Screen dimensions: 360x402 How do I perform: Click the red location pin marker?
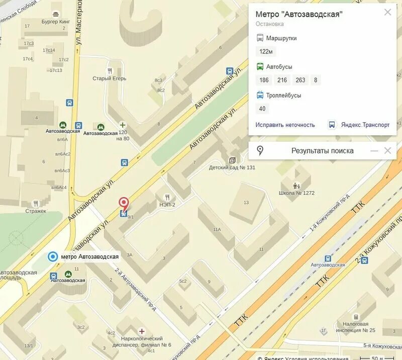tap(124, 203)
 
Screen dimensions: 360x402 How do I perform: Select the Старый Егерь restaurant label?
tap(110, 78)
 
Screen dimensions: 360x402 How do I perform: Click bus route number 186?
tap(264, 80)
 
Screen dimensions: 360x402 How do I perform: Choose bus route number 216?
tap(282, 80)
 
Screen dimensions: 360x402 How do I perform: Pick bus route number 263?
tap(300, 80)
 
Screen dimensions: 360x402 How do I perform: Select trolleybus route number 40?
tap(262, 109)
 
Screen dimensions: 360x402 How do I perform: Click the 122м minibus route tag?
tap(266, 51)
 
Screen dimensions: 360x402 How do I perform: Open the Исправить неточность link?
tap(285, 125)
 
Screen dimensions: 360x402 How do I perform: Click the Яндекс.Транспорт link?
tap(365, 125)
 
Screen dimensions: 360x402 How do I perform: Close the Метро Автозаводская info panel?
tap(387, 12)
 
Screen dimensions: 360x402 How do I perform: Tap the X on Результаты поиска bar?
tap(387, 150)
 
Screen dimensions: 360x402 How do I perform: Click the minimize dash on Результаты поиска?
tap(374, 150)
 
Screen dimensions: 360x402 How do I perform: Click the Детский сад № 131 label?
tap(232, 167)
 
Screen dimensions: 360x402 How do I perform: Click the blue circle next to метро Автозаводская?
tap(52, 256)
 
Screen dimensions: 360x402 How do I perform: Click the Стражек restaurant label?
tap(36, 211)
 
